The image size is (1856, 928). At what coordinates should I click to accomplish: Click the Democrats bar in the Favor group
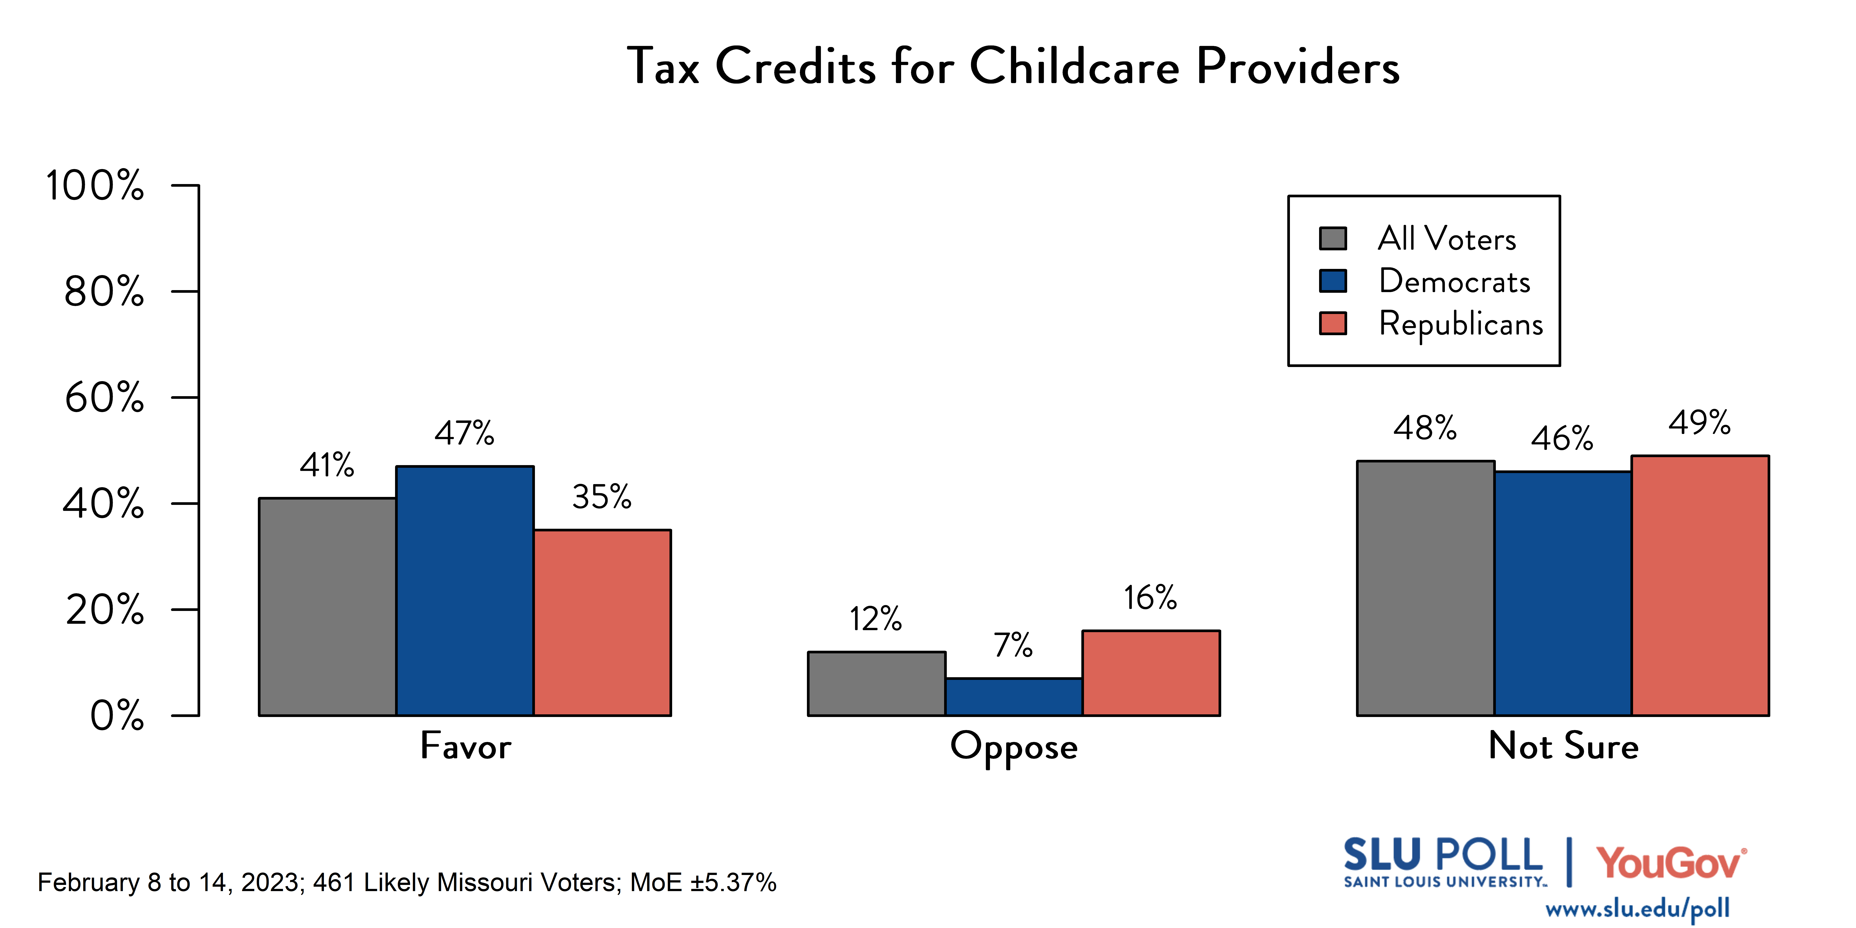pos(465,591)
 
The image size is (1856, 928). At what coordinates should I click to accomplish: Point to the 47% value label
pos(465,433)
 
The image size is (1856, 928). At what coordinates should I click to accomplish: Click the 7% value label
pos(1013,645)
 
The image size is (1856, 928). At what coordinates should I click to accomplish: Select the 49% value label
pos(1700,422)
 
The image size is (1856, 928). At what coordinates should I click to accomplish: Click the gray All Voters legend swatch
pos(1333,238)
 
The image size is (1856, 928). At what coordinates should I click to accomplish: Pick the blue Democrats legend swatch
pos(1333,281)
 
